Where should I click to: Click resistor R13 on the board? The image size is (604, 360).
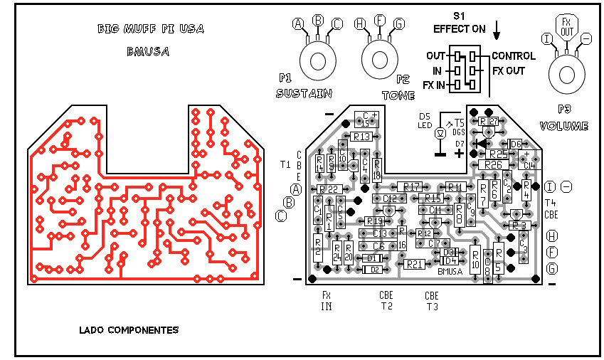tap(361, 136)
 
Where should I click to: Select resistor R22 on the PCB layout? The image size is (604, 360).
tap(328, 189)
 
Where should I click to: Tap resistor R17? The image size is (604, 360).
tap(412, 186)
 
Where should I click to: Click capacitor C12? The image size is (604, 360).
tap(389, 198)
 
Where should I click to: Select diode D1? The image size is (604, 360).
tap(373, 258)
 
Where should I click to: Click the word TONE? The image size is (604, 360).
tap(398, 95)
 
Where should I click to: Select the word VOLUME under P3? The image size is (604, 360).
tap(564, 126)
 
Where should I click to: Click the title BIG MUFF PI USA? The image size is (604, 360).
tap(150, 29)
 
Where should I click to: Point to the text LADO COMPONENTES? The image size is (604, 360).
tap(129, 330)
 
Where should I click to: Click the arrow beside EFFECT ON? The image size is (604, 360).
tap(497, 29)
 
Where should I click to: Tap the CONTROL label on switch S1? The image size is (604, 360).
tap(514, 56)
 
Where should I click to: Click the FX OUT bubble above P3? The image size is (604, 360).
tap(566, 27)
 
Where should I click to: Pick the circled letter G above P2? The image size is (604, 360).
tap(398, 24)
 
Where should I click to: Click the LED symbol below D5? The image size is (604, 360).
tap(440, 133)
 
